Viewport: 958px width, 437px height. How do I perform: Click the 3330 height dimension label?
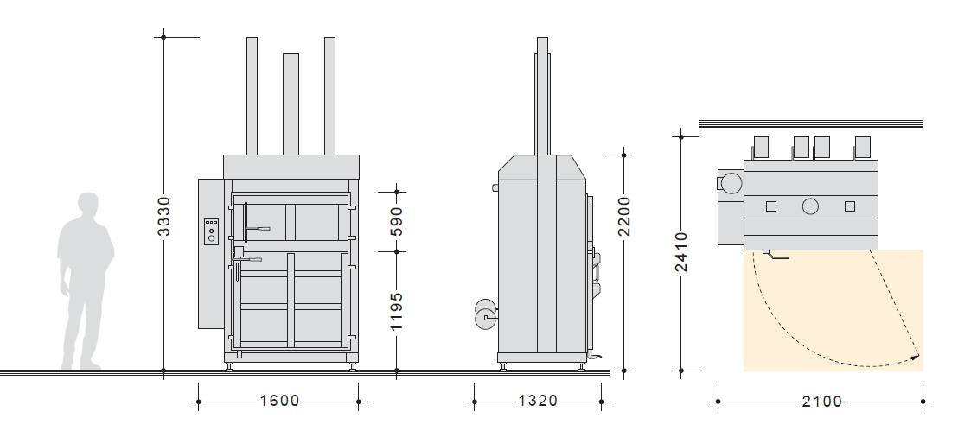tap(164, 217)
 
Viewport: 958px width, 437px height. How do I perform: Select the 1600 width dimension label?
tap(280, 401)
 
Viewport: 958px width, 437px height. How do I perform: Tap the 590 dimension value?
tap(397, 222)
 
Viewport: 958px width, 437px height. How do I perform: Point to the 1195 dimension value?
tap(397, 311)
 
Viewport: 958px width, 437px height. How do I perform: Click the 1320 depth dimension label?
tap(539, 401)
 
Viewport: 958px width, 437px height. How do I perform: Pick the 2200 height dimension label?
tap(623, 216)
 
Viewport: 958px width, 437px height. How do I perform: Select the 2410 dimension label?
tap(681, 252)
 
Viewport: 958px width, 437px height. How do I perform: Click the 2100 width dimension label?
tap(821, 401)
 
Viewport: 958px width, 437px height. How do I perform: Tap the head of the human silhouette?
tap(88, 205)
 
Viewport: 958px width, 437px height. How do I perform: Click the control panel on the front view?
tap(211, 232)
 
